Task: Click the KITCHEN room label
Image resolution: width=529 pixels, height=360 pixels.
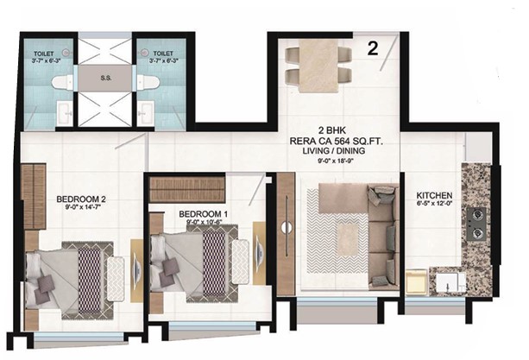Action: [x=434, y=195]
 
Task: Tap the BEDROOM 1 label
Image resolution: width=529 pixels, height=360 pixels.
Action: [x=203, y=214]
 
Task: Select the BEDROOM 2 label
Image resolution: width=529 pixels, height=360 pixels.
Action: [x=81, y=199]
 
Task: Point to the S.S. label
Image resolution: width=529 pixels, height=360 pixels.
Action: [x=105, y=78]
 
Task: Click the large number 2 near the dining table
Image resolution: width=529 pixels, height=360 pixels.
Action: [x=373, y=48]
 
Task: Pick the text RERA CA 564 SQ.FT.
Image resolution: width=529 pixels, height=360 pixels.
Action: [x=337, y=142]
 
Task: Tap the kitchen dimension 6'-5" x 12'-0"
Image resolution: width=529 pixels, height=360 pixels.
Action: [x=434, y=203]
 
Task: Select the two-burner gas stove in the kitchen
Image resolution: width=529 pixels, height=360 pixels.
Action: [x=476, y=224]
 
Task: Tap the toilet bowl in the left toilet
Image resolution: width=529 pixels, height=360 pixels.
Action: [x=62, y=82]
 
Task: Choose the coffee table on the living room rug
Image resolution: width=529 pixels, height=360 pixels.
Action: [x=348, y=240]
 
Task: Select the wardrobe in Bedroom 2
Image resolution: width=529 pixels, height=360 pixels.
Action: [x=34, y=196]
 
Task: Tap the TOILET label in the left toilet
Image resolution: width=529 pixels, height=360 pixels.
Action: [x=44, y=54]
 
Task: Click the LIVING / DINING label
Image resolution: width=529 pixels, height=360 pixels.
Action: [x=334, y=151]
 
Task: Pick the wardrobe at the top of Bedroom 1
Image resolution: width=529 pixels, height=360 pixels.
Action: [x=187, y=189]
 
